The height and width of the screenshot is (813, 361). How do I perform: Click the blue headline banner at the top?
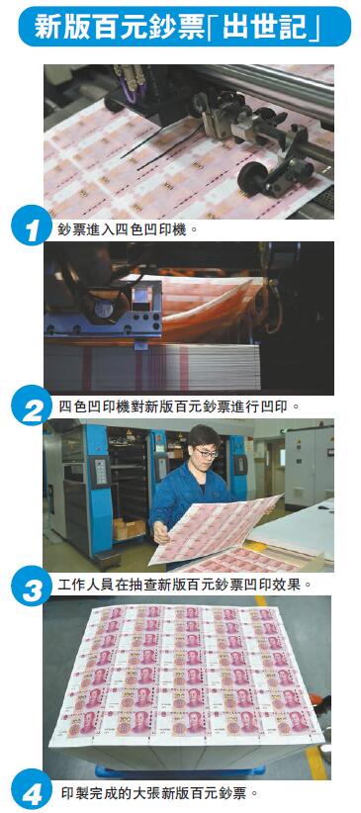pyautogui.click(x=185, y=26)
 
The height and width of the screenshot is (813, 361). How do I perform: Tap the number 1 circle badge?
pyautogui.click(x=31, y=225)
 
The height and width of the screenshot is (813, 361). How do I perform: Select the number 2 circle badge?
pyautogui.click(x=31, y=405)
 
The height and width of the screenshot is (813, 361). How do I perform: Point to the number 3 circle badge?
pyautogui.click(x=31, y=586)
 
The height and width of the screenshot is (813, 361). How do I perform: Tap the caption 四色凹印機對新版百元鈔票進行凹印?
pyautogui.click(x=179, y=405)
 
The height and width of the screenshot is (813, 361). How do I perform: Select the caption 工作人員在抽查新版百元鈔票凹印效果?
pyautogui.click(x=185, y=586)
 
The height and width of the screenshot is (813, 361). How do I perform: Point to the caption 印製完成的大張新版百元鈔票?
pyautogui.click(x=157, y=793)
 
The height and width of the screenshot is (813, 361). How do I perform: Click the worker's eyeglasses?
pyautogui.click(x=208, y=454)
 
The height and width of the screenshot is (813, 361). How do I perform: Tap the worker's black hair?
pyautogui.click(x=204, y=436)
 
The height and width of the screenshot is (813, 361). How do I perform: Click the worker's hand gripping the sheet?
pyautogui.click(x=161, y=532)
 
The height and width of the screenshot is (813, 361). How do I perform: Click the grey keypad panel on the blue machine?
pyautogui.click(x=99, y=471)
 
